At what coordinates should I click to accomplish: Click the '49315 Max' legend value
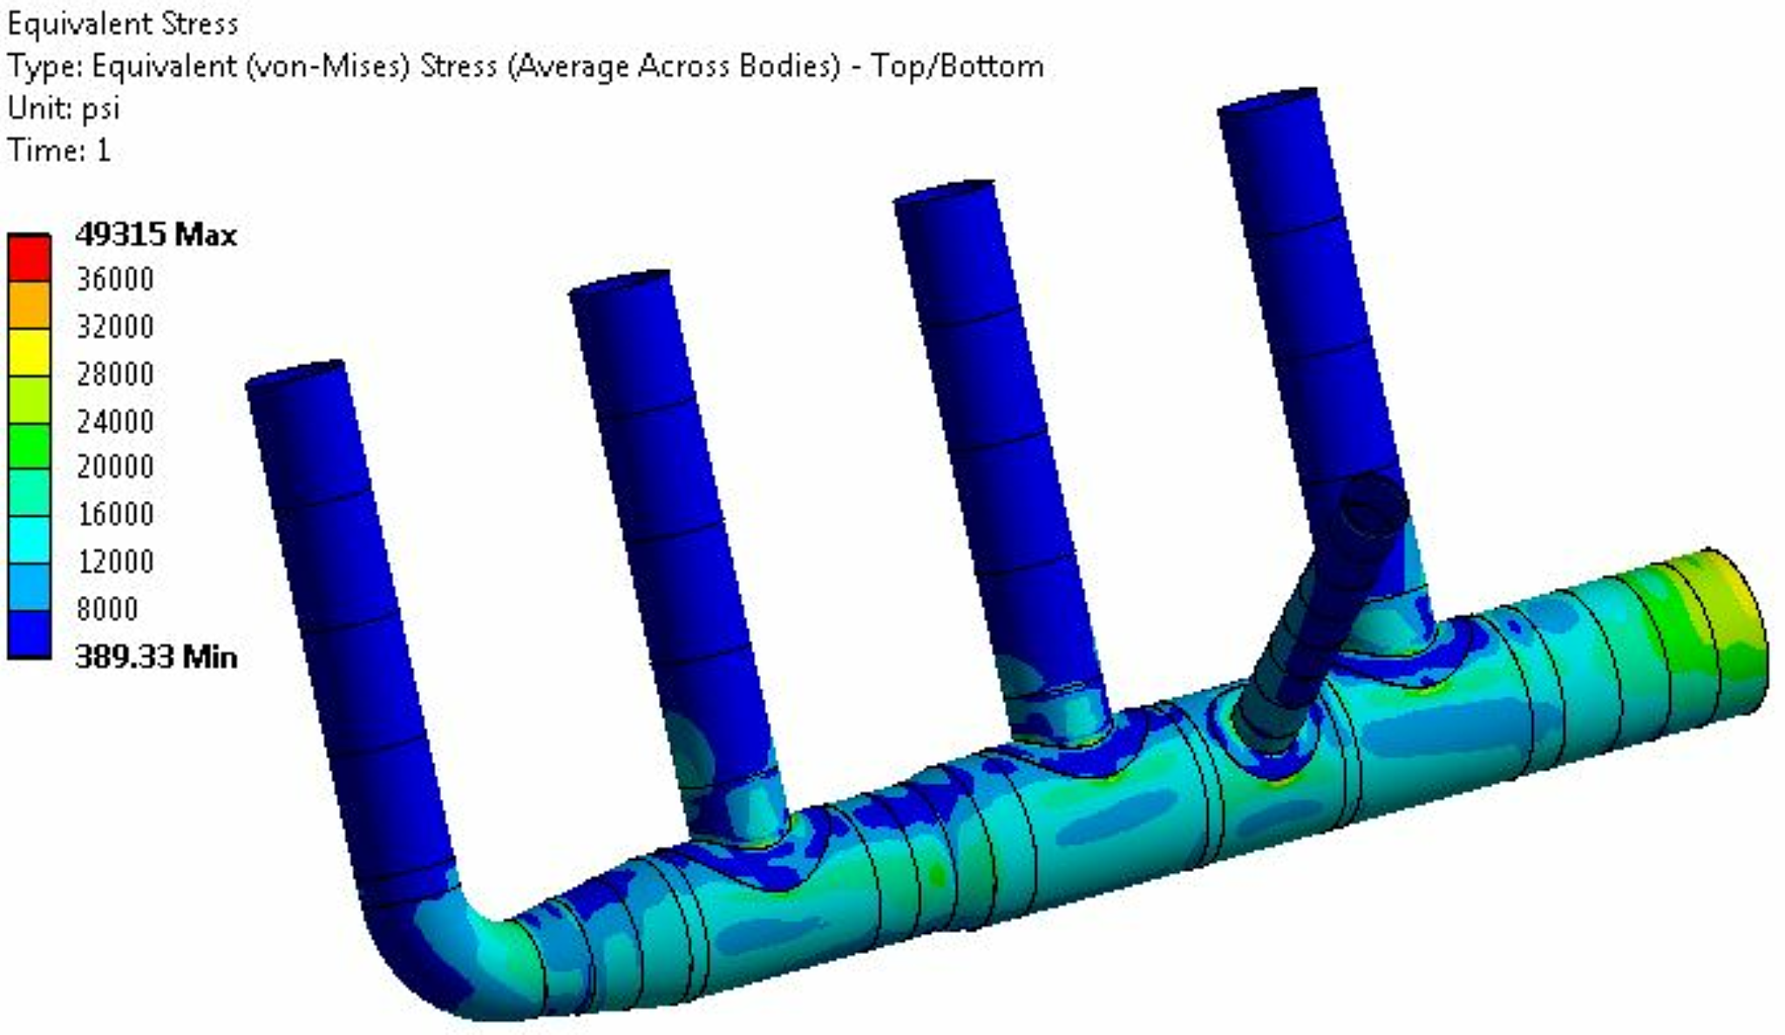[x=155, y=234]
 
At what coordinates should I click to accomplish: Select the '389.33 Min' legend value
[x=155, y=656]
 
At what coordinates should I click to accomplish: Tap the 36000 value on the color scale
[x=115, y=280]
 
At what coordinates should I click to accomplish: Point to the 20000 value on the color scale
[x=115, y=467]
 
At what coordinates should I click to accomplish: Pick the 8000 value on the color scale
[x=107, y=608]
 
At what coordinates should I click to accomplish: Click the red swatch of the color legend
[x=29, y=257]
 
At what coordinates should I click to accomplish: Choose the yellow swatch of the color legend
[x=29, y=351]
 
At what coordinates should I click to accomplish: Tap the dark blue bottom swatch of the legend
[x=29, y=633]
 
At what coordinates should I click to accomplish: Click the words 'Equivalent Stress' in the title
[x=122, y=24]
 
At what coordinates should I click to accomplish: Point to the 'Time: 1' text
[x=59, y=151]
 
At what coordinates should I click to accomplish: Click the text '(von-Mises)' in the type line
[x=328, y=66]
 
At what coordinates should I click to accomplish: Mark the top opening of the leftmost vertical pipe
[x=295, y=372]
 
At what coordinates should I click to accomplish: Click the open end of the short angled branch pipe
[x=1374, y=505]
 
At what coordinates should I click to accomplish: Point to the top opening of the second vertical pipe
[x=620, y=282]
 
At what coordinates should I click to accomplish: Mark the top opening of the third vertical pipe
[x=944, y=191]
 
